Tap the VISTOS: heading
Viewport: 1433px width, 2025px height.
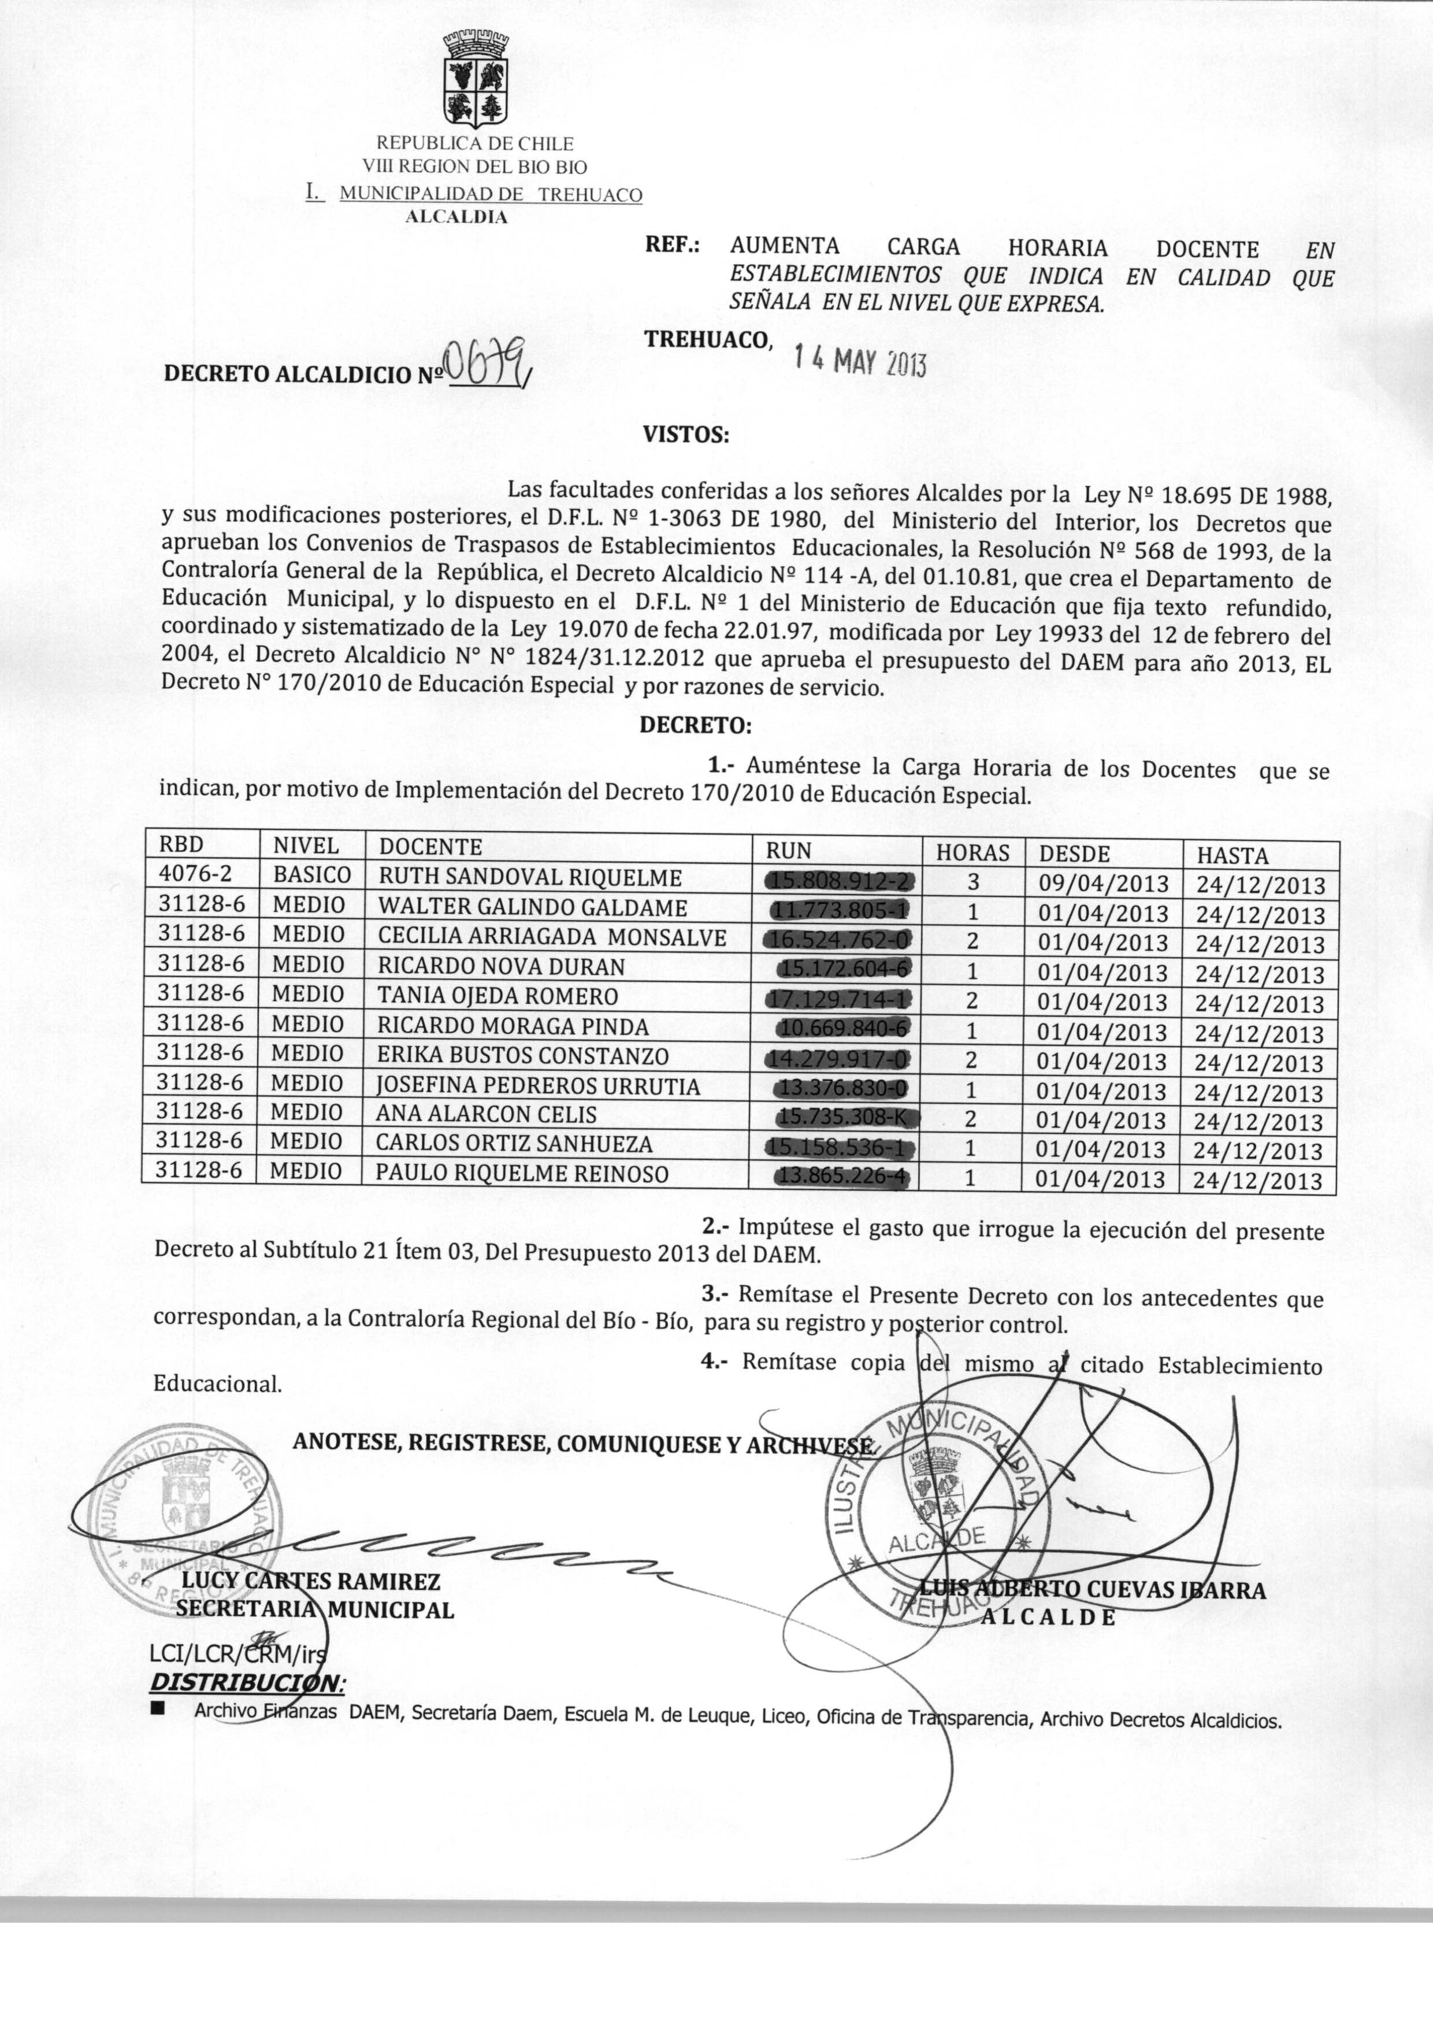point(686,435)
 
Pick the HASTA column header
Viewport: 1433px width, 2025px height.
point(1232,855)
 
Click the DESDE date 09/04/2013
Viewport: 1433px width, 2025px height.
point(1103,883)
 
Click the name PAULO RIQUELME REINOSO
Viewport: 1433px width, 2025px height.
point(522,1174)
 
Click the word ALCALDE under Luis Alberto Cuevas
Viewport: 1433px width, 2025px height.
point(1049,1618)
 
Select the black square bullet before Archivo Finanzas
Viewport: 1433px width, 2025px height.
point(159,1708)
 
